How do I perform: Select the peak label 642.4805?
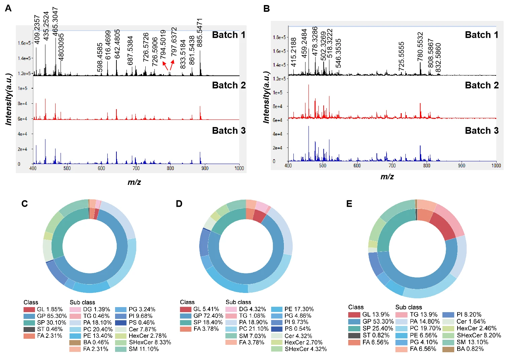[117, 44]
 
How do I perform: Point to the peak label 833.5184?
[183, 54]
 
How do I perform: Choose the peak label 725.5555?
[401, 56]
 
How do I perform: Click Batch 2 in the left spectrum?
[229, 86]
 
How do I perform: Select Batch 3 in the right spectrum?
[482, 131]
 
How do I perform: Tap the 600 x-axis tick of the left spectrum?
[101, 168]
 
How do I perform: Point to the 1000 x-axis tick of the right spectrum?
[496, 166]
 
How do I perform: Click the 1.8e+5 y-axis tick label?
[279, 37]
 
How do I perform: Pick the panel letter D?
[179, 204]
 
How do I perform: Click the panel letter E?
[349, 204]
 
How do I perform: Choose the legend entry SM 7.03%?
[252, 336]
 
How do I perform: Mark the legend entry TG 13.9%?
[423, 315]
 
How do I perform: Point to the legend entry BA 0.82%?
[470, 349]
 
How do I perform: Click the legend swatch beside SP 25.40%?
[354, 329]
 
